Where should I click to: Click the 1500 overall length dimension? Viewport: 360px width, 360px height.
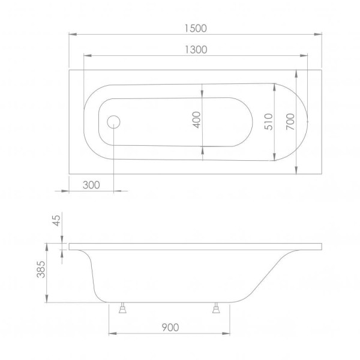(x=196, y=28)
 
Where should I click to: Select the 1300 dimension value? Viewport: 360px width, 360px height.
(x=196, y=50)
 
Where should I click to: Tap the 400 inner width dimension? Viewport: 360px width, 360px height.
(x=197, y=120)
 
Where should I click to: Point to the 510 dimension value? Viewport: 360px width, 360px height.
(x=269, y=122)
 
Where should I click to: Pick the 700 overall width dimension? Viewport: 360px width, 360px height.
(x=290, y=122)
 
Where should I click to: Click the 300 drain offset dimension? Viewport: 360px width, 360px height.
(x=91, y=185)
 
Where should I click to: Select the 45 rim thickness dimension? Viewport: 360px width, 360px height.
(x=56, y=220)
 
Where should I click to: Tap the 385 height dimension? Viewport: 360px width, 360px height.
(x=41, y=269)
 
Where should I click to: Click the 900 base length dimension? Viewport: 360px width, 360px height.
(x=170, y=328)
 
